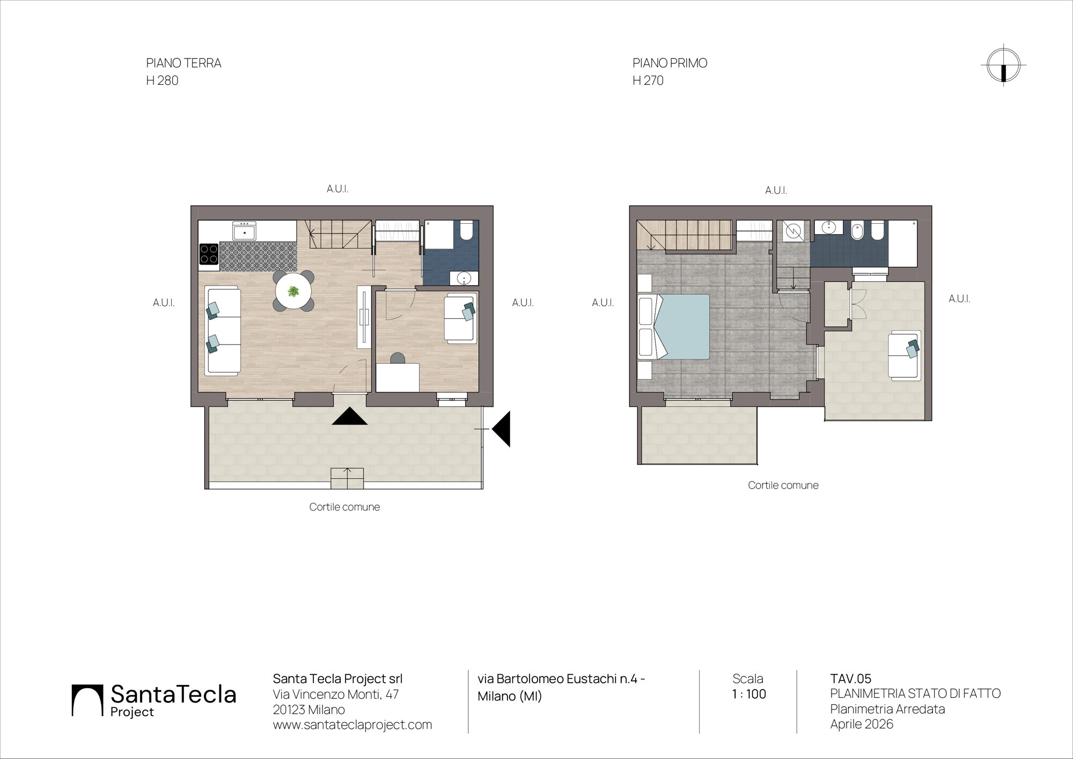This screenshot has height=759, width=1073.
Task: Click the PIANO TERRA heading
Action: point(183,63)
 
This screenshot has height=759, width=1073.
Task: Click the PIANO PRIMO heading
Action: point(670,63)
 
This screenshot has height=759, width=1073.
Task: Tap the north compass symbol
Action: point(1003,65)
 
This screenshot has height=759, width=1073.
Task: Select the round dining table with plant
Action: point(293,291)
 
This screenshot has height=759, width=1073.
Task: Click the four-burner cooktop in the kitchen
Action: point(209,254)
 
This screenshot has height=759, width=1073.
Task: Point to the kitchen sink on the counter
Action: point(244,231)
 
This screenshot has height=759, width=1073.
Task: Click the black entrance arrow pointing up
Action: point(350,416)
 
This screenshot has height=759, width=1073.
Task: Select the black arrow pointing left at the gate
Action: point(501,429)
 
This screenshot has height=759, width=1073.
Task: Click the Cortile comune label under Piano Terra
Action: point(344,507)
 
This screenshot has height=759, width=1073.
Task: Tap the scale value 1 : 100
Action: point(749,694)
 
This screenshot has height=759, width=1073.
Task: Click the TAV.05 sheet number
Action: point(851,678)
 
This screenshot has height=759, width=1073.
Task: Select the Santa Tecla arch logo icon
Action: point(87,700)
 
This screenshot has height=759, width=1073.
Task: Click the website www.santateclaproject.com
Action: point(352,725)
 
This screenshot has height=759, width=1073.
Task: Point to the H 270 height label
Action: point(648,81)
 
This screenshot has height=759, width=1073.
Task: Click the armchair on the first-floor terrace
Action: point(904,355)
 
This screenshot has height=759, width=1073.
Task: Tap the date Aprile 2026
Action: point(862,724)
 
